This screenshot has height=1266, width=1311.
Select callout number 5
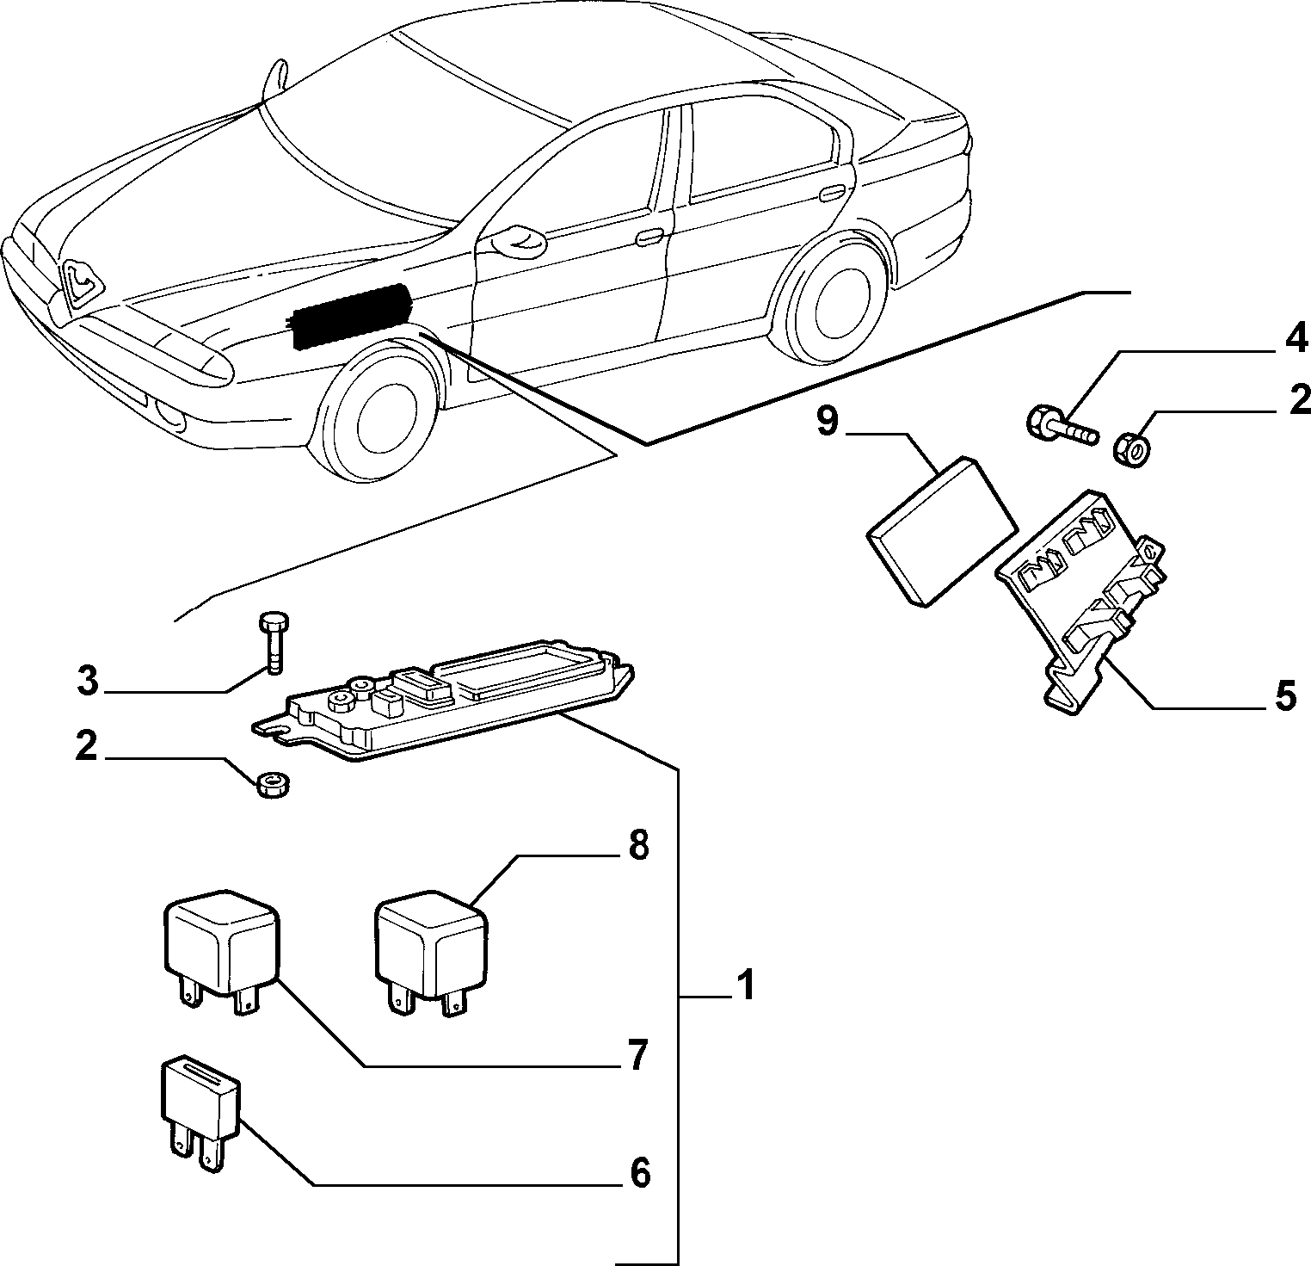tap(1285, 695)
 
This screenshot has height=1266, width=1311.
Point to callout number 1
tap(745, 985)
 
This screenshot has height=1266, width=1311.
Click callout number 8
tap(637, 845)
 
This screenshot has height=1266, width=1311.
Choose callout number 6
tap(637, 1172)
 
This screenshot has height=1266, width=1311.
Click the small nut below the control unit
tap(274, 784)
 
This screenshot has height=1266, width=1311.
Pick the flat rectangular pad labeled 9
tap(939, 531)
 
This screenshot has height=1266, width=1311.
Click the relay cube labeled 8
tap(431, 950)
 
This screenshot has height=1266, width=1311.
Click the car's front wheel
tap(378, 416)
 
